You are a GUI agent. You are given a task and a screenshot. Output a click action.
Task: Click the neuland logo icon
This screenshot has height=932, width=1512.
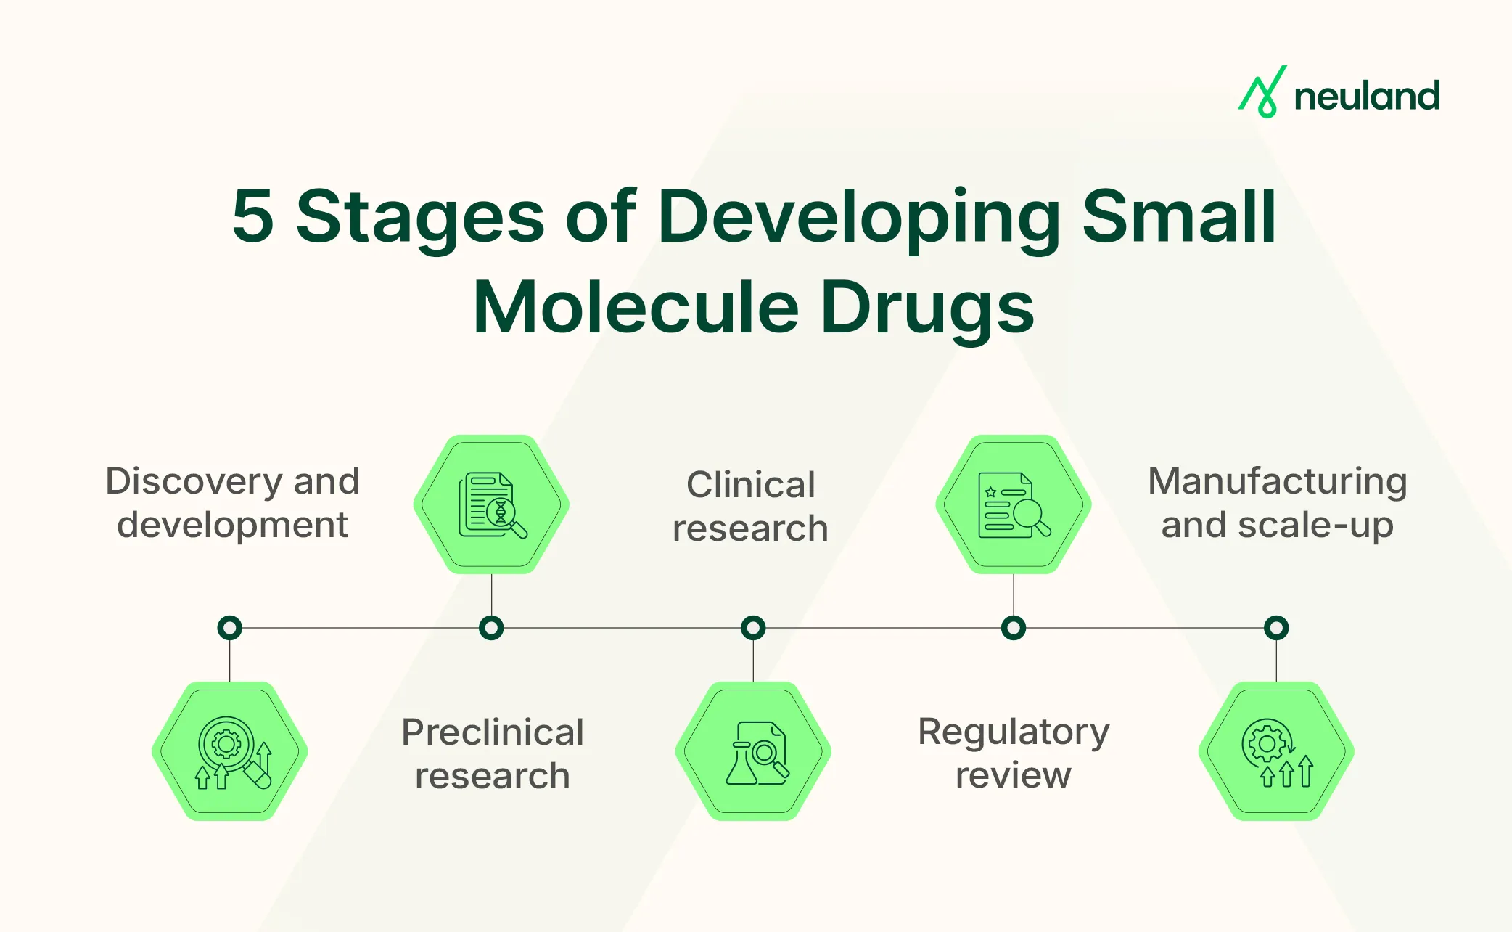click(1262, 93)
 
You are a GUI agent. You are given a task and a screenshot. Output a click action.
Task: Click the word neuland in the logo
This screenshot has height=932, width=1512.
click(1367, 97)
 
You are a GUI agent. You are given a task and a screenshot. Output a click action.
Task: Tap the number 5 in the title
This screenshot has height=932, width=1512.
click(252, 216)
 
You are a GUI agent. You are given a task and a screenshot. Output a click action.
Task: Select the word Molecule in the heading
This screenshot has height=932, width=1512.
click(636, 308)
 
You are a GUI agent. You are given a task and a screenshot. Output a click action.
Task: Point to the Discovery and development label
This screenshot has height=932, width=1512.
click(232, 502)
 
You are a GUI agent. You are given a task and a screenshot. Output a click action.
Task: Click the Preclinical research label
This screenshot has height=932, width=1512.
click(492, 753)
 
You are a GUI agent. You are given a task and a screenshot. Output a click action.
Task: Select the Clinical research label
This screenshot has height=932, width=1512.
click(750, 506)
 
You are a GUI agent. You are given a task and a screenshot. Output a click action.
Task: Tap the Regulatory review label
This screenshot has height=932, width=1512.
click(1014, 753)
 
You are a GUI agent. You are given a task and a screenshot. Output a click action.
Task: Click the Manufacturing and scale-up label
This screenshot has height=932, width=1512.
click(1277, 502)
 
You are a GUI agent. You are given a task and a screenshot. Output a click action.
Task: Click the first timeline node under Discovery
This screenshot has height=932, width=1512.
click(230, 628)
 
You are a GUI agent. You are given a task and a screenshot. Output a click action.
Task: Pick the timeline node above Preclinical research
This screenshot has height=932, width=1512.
click(491, 628)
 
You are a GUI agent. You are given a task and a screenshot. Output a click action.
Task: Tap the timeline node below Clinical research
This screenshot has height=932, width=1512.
click(753, 628)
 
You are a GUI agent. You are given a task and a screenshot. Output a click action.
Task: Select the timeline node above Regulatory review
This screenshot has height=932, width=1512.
click(1014, 628)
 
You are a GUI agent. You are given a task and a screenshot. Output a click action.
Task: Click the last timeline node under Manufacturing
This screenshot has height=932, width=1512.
click(1276, 628)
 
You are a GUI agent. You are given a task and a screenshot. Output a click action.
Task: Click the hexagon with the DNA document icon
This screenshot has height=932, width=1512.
click(491, 504)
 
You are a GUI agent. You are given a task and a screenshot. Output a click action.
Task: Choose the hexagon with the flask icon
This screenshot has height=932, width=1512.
click(753, 751)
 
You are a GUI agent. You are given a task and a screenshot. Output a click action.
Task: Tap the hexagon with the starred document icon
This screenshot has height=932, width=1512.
click(1014, 504)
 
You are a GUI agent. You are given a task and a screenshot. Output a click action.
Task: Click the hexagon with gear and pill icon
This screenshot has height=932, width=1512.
click(230, 751)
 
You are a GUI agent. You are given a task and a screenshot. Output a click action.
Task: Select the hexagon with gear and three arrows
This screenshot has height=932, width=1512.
click(1276, 751)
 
